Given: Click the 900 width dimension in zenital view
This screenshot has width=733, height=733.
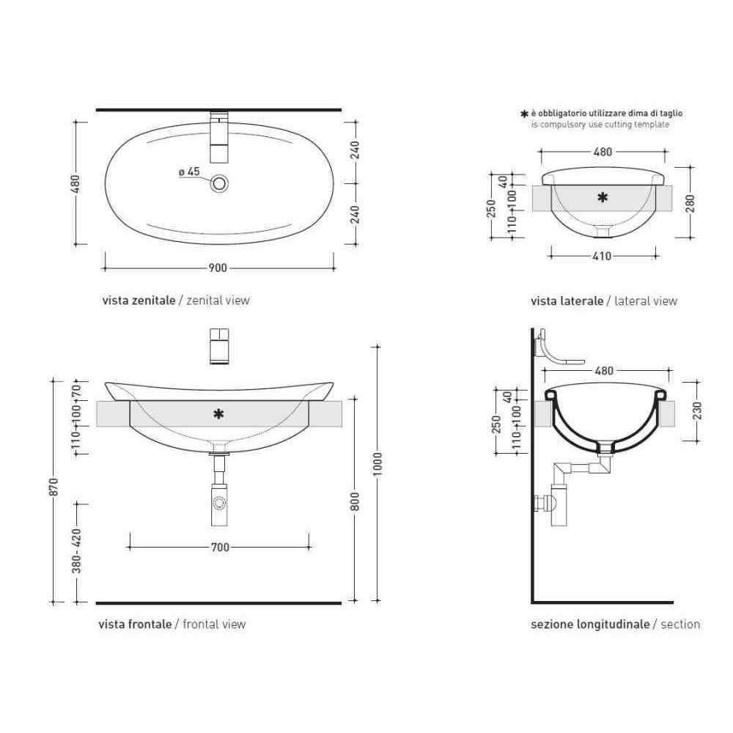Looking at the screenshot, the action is point(218,268).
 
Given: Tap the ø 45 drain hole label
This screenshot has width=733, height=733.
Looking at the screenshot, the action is point(189,172).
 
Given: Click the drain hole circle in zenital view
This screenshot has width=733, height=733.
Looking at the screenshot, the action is point(219,183).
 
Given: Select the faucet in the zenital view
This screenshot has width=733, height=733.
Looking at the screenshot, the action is point(218,137).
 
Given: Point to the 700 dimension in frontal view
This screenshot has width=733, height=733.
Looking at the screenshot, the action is point(220,547).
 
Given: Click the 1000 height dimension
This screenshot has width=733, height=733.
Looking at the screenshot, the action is point(377,464).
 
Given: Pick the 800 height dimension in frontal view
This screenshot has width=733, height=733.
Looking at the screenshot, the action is point(355,501).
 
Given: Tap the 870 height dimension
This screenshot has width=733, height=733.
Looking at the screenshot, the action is point(54,487).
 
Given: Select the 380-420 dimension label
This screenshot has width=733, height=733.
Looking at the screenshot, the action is point(77,550).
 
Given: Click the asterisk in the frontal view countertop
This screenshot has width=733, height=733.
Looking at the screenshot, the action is point(218,413).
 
